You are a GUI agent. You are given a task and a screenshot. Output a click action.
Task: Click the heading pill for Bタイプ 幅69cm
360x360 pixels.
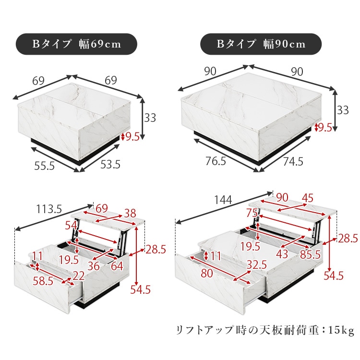click(x=76, y=44)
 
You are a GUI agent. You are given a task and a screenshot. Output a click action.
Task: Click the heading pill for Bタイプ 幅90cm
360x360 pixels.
click(x=261, y=44)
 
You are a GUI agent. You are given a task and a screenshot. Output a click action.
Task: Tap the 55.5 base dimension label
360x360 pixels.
click(x=44, y=166)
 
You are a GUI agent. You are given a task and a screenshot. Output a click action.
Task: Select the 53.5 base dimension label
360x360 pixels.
click(x=110, y=164)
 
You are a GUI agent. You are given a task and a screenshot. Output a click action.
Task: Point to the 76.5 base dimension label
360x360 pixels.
click(x=216, y=161)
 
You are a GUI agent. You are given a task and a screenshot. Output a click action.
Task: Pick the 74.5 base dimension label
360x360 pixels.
click(x=293, y=161)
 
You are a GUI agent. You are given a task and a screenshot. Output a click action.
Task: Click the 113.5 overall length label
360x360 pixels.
click(x=49, y=209)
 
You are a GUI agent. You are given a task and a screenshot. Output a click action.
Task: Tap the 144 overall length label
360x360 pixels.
click(x=223, y=200)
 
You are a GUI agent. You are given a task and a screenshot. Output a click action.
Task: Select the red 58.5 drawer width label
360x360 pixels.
click(x=43, y=281)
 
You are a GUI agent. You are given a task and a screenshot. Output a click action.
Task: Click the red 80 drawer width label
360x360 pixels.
click(x=207, y=274)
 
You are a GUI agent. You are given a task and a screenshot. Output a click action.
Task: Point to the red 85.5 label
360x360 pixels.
click(x=310, y=254)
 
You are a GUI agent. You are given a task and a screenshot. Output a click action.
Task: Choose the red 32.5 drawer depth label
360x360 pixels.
click(x=256, y=265)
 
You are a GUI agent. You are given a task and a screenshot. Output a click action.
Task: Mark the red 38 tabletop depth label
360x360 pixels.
click(x=130, y=213)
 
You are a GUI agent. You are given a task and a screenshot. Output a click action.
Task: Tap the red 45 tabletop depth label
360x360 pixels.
click(x=307, y=198)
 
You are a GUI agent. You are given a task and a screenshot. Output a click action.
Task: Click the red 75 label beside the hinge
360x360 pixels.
click(x=252, y=213)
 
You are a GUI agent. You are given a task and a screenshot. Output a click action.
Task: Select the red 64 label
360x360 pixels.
click(x=117, y=266)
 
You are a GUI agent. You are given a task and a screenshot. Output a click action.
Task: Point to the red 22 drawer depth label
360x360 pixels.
click(x=79, y=276)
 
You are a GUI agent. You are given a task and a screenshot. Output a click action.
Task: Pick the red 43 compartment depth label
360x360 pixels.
click(x=282, y=254)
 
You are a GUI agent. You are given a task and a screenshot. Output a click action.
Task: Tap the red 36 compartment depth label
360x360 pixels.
click(x=94, y=266)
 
